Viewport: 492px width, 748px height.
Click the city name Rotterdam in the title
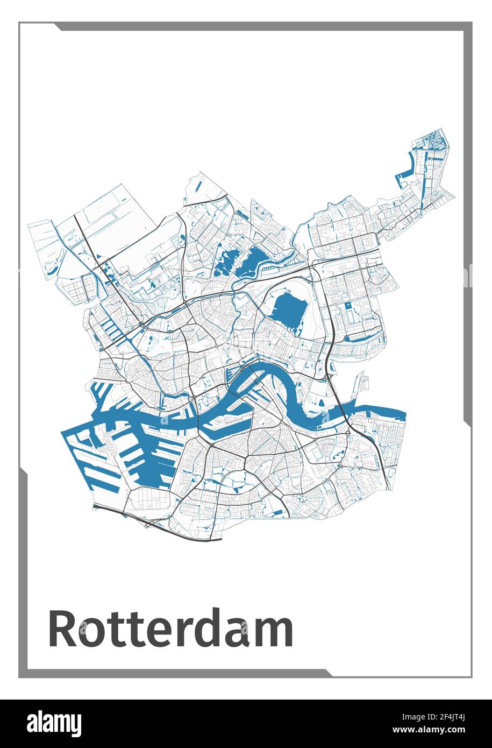(171, 628)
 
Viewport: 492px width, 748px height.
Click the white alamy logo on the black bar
(54, 723)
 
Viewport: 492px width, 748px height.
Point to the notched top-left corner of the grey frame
(57, 26)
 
